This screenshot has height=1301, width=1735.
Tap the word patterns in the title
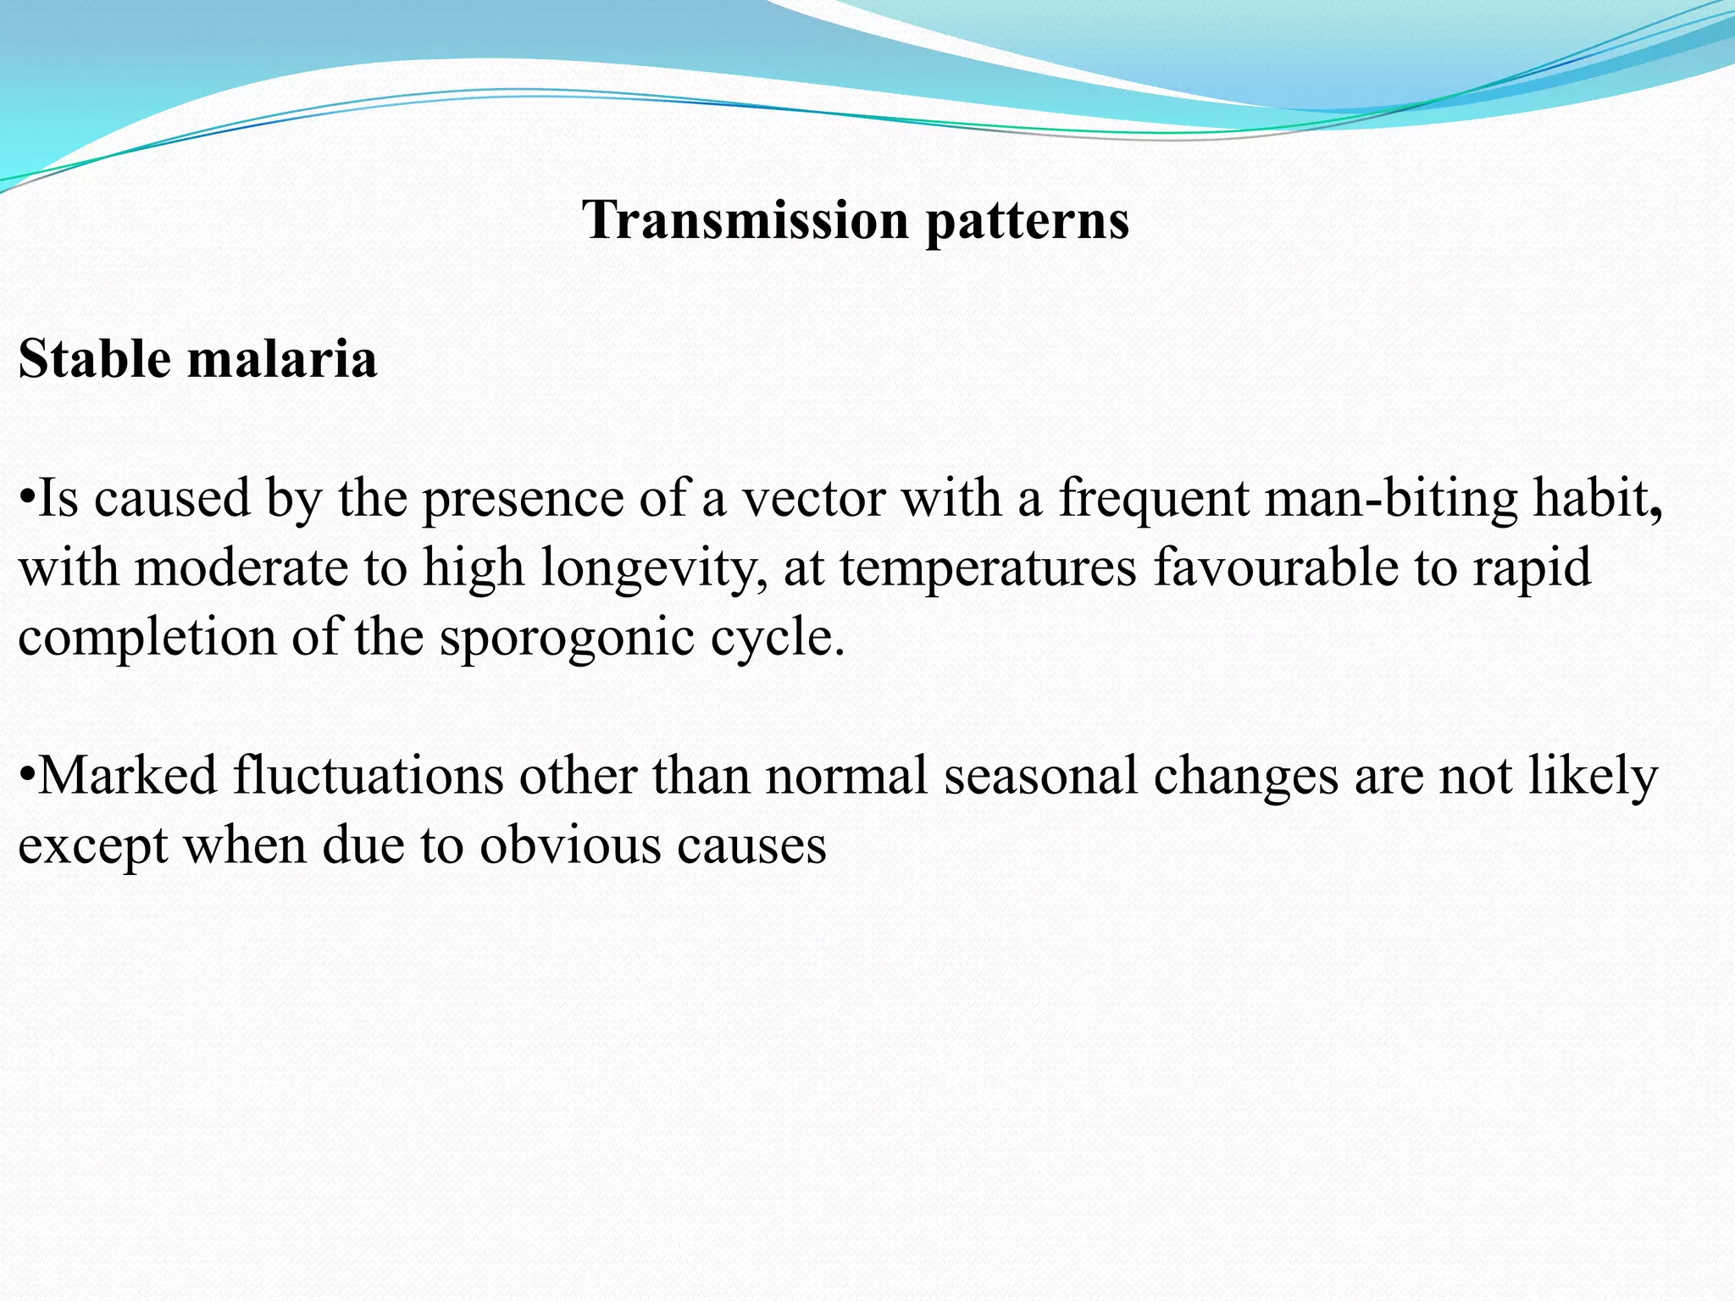[x=1027, y=222]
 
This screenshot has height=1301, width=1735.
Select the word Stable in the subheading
[x=93, y=359]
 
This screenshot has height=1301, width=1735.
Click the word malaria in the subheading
[x=281, y=359]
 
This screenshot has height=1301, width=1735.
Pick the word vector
[x=813, y=499]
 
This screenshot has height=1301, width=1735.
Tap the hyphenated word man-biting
[x=1390, y=499]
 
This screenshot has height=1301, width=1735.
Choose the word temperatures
[x=988, y=568]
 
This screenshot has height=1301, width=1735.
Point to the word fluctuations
[x=368, y=776]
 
